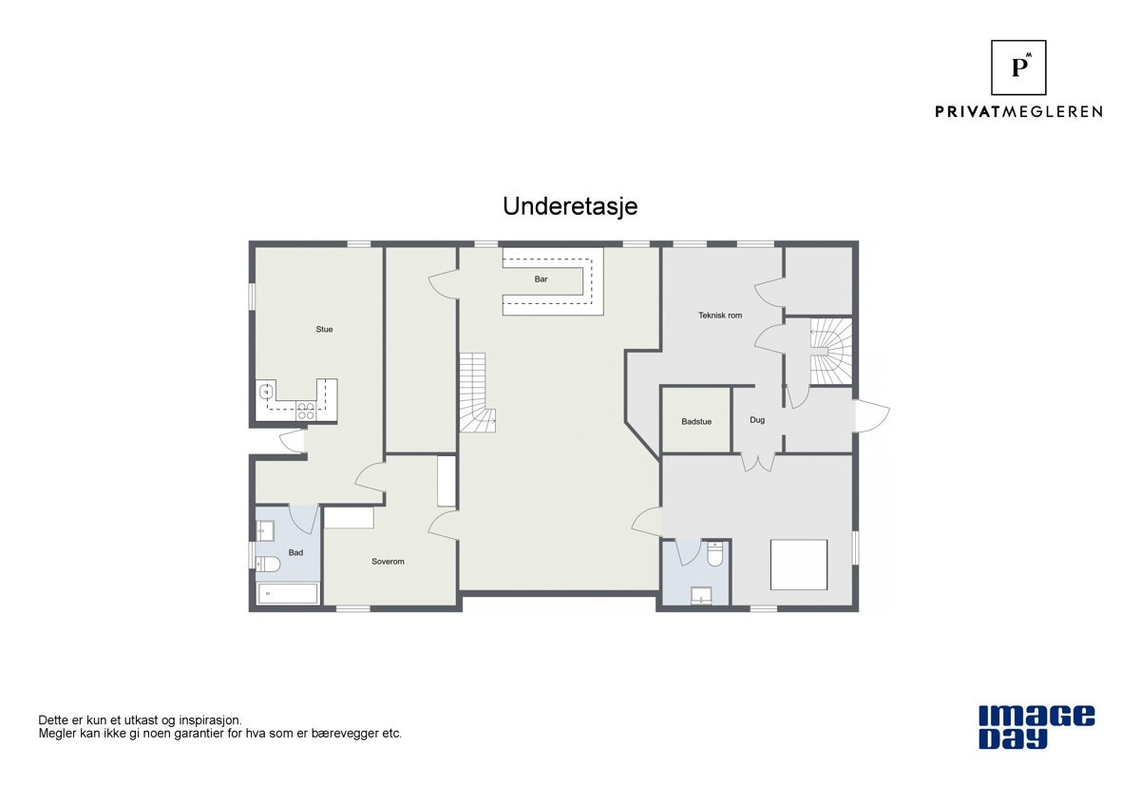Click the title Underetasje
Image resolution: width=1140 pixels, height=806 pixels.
tap(570, 206)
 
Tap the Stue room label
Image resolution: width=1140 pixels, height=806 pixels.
tap(325, 330)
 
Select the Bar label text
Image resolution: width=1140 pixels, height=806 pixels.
tap(541, 279)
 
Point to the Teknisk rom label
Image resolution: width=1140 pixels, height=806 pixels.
tap(720, 315)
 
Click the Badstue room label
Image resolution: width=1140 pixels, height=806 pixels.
tap(696, 421)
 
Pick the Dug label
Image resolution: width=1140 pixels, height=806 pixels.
tap(757, 420)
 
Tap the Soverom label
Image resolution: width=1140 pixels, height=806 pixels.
tap(388, 562)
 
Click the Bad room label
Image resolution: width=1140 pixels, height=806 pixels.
tap(296, 552)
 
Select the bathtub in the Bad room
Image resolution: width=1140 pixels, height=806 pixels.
tap(287, 594)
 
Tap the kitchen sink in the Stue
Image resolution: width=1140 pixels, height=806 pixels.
tap(267, 391)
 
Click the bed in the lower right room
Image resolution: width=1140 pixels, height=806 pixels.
tap(798, 564)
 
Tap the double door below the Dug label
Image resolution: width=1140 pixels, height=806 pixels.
tap(757, 462)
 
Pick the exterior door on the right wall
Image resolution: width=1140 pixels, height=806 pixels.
tap(872, 416)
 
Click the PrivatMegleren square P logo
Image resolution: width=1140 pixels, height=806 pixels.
tap(1018, 67)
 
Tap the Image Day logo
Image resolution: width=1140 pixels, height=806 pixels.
tap(1036, 727)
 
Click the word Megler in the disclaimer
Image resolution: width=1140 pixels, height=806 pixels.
tap(56, 734)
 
